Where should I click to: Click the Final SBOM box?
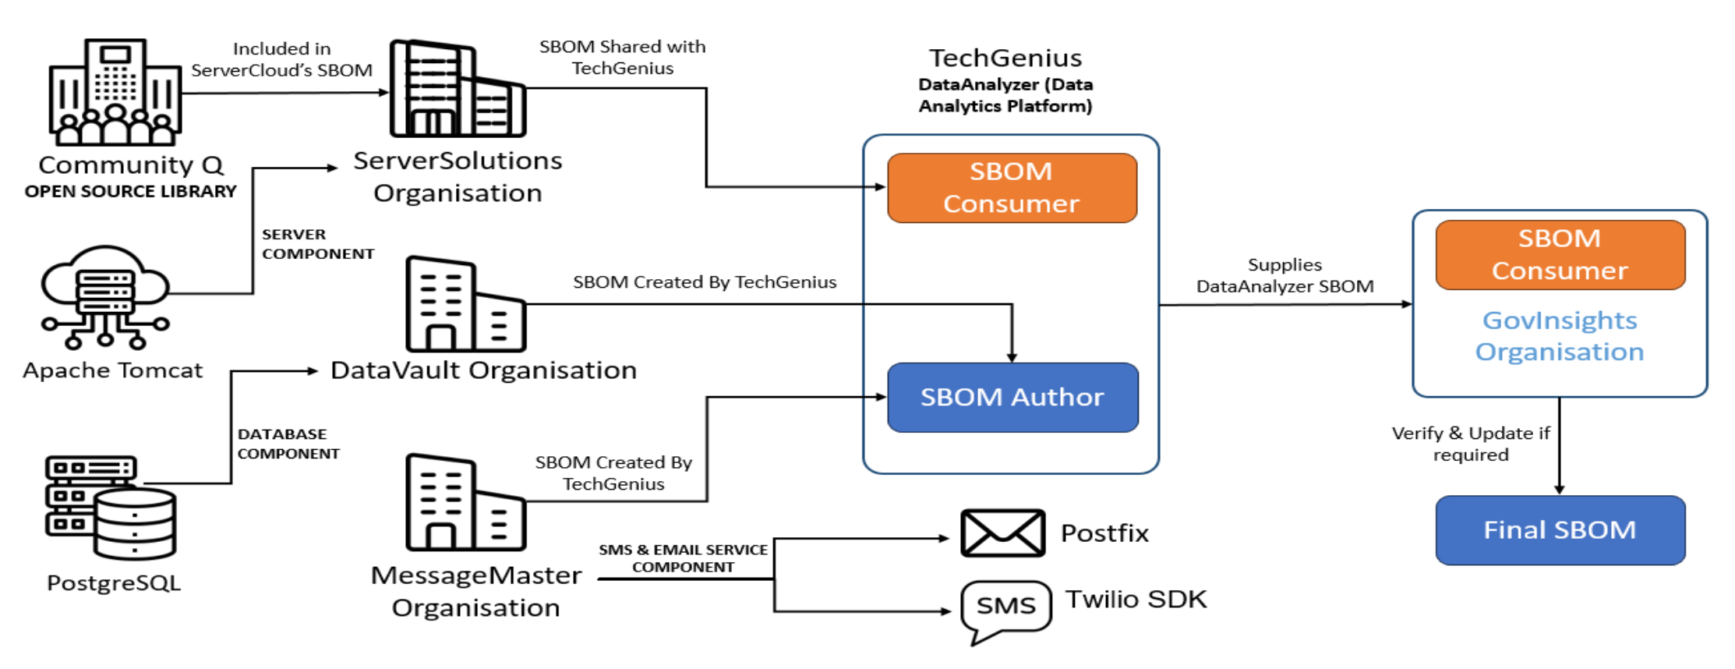[x=1560, y=530]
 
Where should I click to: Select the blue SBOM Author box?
[x=1012, y=397]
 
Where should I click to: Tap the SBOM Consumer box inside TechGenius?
[x=1011, y=187]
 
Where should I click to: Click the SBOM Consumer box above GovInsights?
[x=1560, y=254]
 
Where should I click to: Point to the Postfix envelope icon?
[x=1002, y=533]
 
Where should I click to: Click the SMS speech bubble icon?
[x=1005, y=607]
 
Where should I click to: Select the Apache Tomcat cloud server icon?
[x=105, y=297]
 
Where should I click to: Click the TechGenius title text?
[x=1005, y=58]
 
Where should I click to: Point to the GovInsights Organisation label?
[x=1560, y=336]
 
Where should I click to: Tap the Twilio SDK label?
[x=1136, y=599]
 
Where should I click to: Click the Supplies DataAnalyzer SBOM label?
[x=1284, y=275]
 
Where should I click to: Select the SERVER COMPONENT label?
[x=317, y=244]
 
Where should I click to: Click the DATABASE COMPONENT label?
[x=288, y=444]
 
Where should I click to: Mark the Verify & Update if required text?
[x=1470, y=444]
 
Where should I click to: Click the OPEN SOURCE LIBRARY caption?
[x=130, y=191]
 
